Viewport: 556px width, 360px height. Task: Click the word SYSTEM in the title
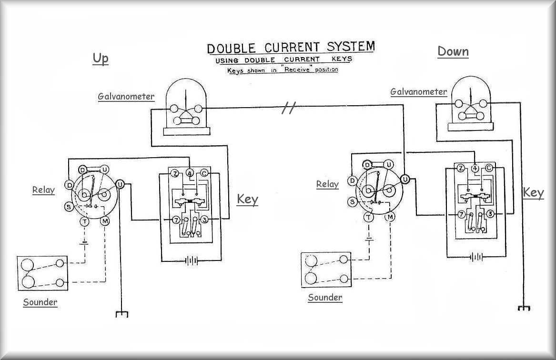click(x=351, y=47)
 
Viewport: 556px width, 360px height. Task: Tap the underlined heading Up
click(x=101, y=58)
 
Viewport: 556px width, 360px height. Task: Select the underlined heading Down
click(x=453, y=51)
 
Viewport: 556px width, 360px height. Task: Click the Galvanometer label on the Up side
click(x=126, y=97)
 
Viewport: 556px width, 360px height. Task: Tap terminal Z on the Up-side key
click(x=175, y=174)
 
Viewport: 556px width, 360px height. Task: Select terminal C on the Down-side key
click(x=489, y=168)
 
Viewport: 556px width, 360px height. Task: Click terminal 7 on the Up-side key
click(x=176, y=220)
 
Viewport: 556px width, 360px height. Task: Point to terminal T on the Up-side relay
click(x=84, y=221)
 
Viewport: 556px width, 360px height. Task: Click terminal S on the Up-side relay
click(x=69, y=207)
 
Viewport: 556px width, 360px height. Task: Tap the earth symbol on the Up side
click(x=122, y=314)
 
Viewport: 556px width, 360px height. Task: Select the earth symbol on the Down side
click(x=524, y=308)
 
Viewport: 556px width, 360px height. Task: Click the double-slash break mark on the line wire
click(x=287, y=109)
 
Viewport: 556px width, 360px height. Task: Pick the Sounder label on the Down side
click(x=325, y=298)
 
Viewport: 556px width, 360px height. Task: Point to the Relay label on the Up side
click(x=43, y=190)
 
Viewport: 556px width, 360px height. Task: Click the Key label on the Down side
click(x=533, y=193)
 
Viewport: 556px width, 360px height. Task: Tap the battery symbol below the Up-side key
click(x=192, y=260)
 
